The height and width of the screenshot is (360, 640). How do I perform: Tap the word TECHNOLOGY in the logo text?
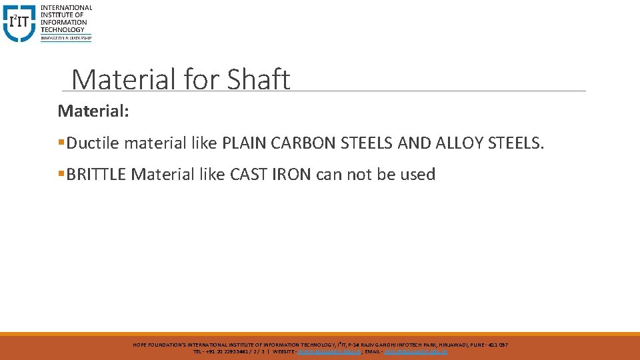point(63,29)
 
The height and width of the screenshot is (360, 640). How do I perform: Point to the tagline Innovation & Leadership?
point(66,38)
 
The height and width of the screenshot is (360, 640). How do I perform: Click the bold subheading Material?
point(93,110)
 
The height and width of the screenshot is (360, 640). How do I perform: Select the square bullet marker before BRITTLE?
point(61,175)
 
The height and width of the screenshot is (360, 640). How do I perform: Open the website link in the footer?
point(330,351)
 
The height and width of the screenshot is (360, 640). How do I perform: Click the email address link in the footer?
point(416,351)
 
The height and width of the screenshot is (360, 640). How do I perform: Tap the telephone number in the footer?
point(233,351)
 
